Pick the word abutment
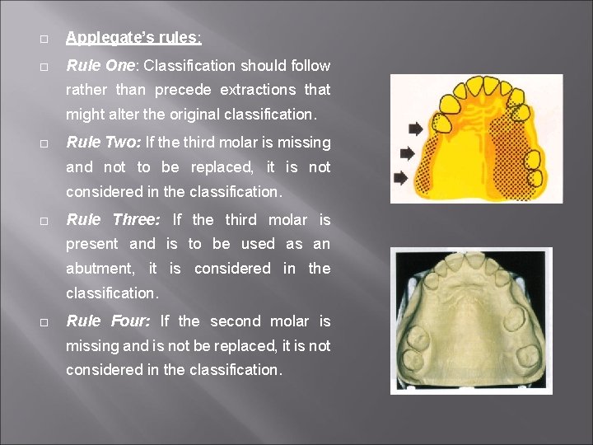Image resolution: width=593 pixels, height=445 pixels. (x=100, y=269)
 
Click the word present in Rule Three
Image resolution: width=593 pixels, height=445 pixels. (x=91, y=244)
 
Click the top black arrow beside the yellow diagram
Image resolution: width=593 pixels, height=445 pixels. (x=416, y=129)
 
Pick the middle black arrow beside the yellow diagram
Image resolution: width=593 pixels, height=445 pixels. (x=406, y=152)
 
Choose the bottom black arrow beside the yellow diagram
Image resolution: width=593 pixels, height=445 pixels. (x=402, y=177)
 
